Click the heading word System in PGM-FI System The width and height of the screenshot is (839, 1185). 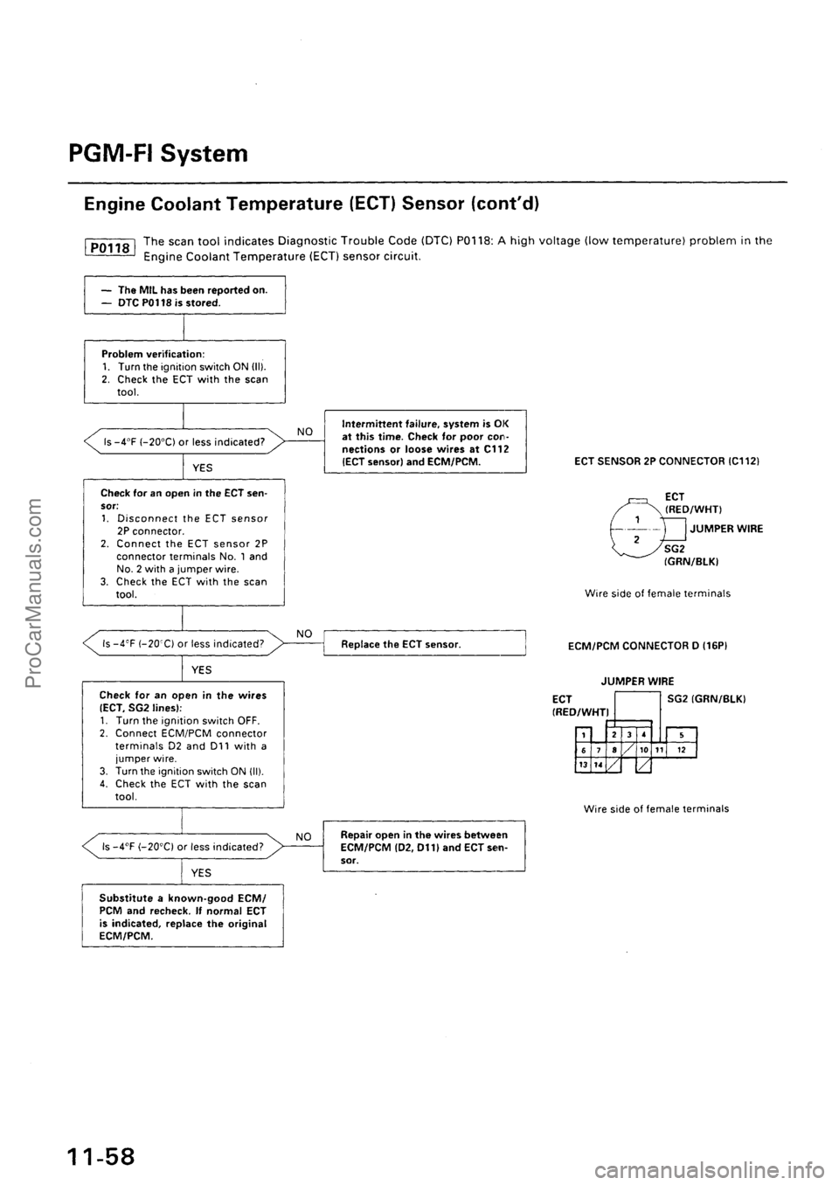click(x=205, y=155)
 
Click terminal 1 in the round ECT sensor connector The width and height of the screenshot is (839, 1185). click(x=638, y=518)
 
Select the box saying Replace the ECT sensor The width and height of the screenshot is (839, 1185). click(x=425, y=642)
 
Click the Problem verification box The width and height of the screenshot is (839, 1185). click(x=183, y=369)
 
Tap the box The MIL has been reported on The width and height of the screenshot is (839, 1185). click(x=183, y=295)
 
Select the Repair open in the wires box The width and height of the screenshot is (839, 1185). click(x=425, y=846)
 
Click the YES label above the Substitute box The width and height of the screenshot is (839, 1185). click(x=201, y=871)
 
